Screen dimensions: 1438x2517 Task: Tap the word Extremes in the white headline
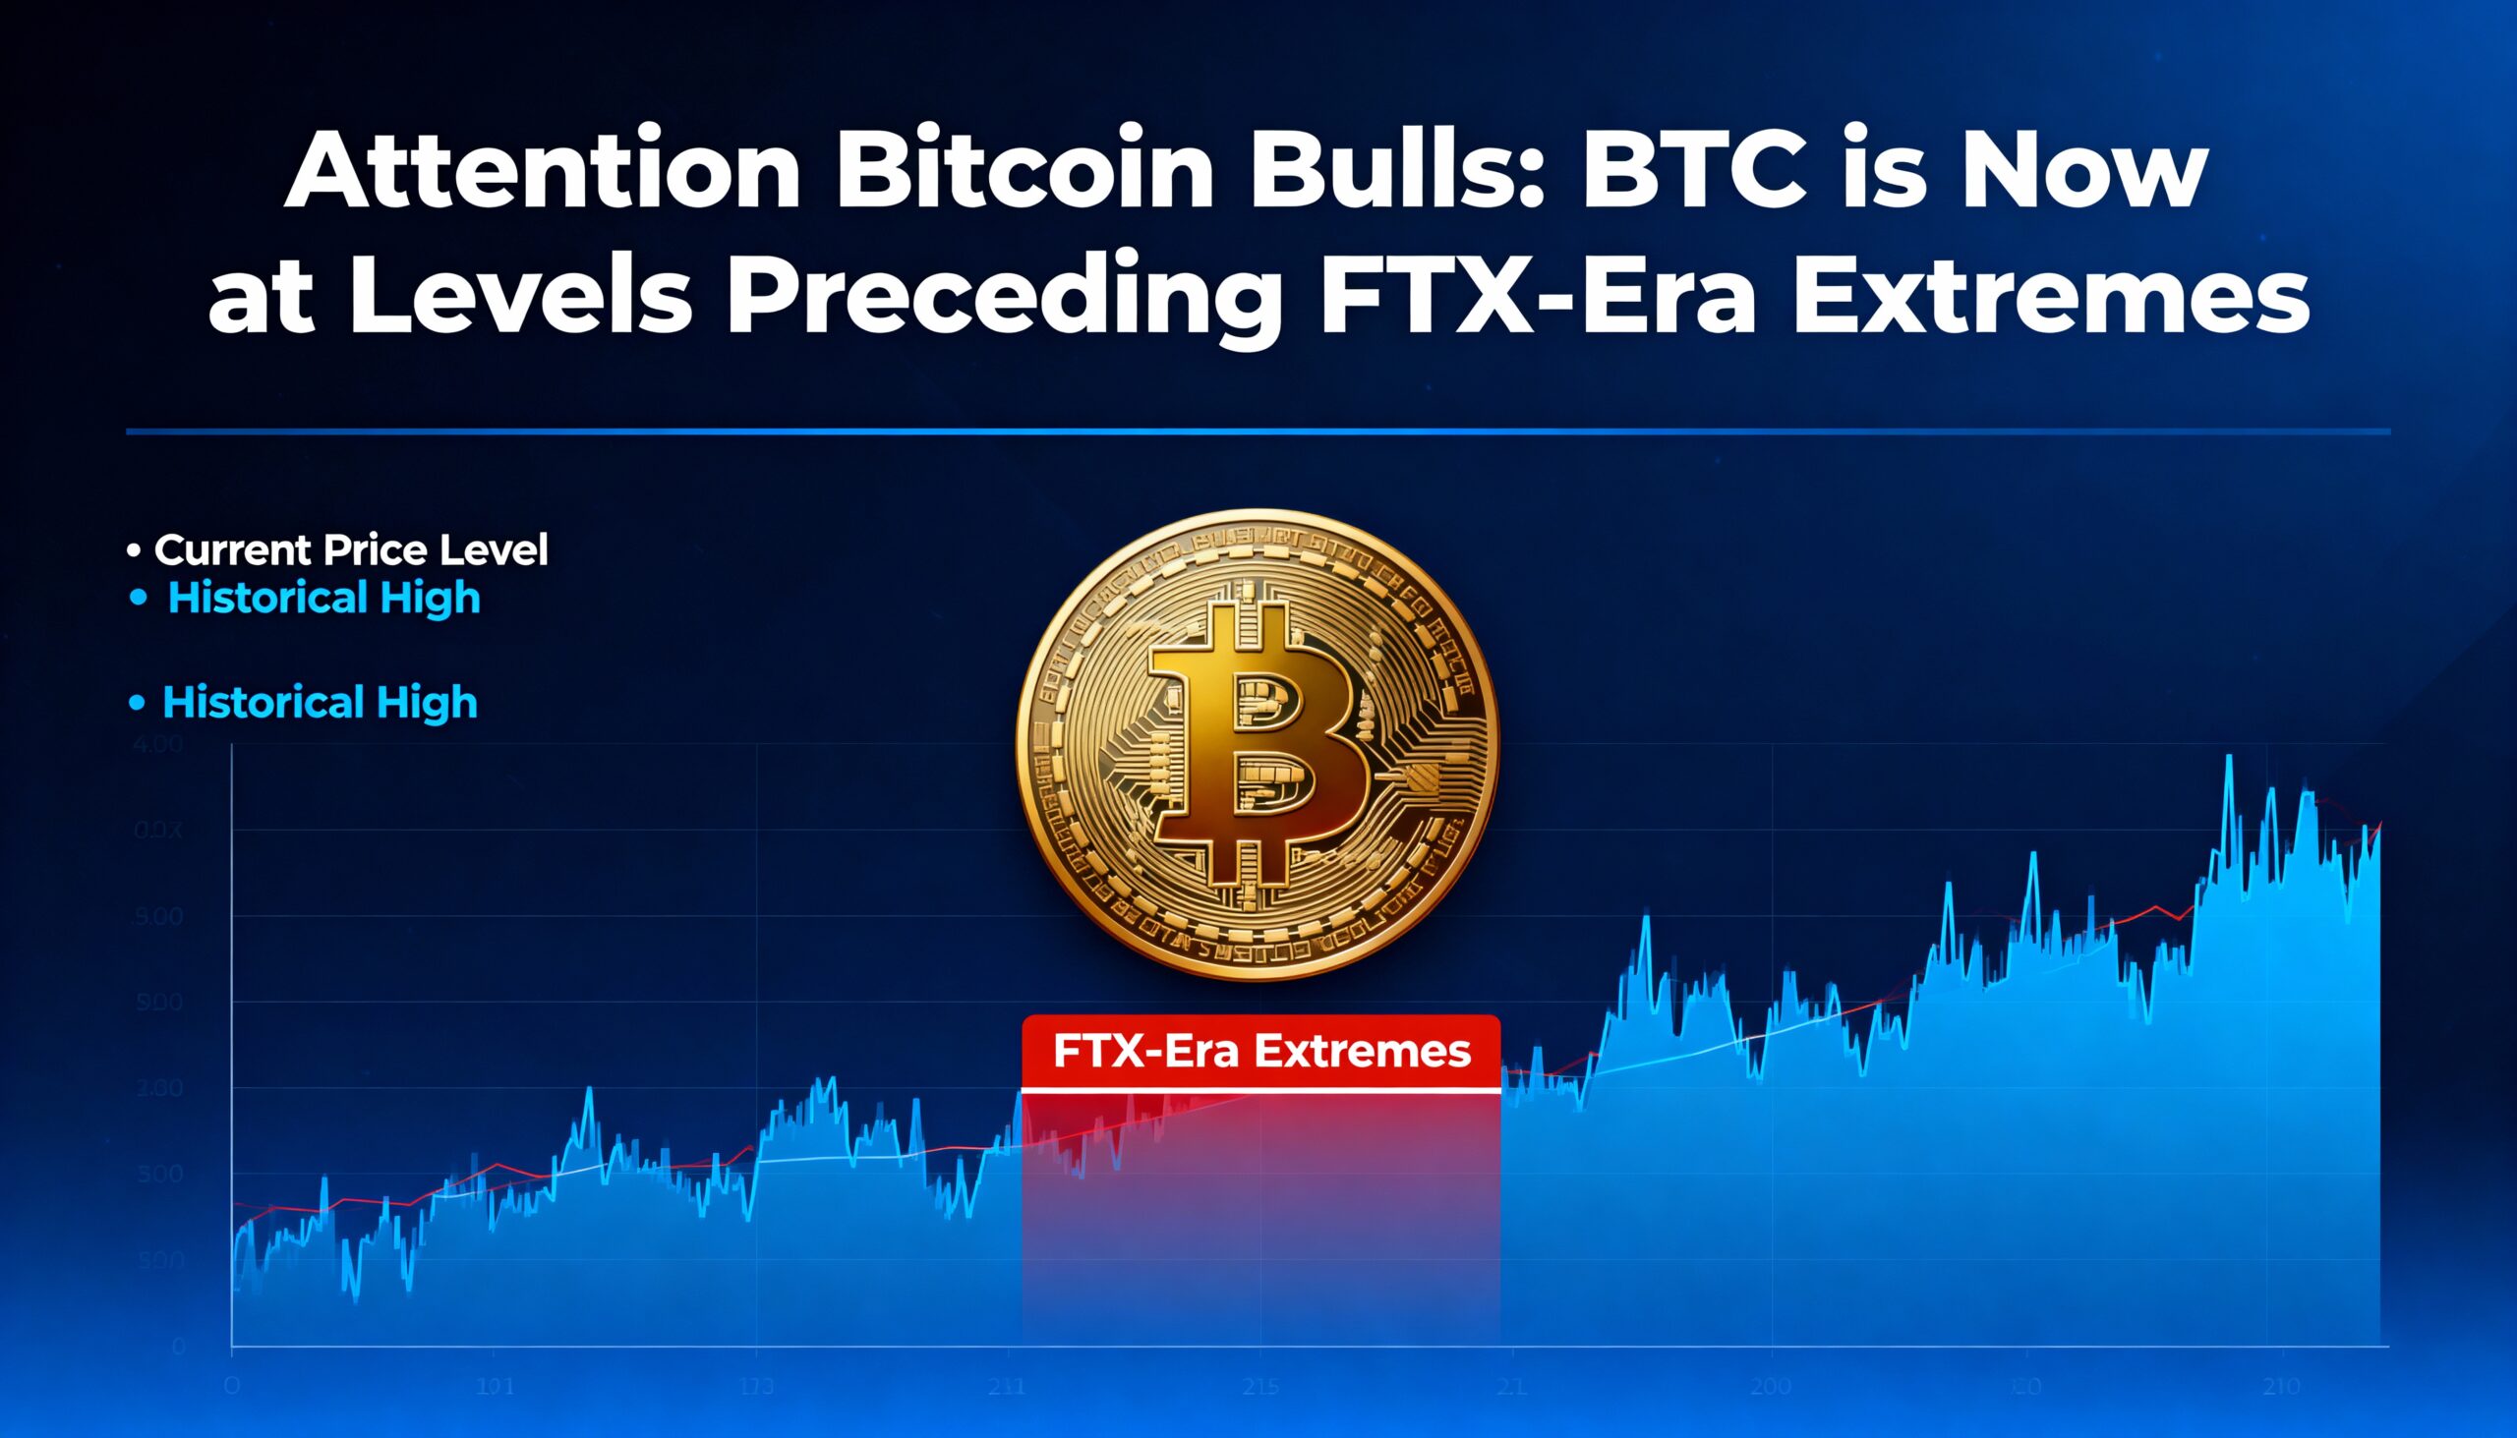coord(2051,296)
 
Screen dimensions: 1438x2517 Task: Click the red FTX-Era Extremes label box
coord(1261,1051)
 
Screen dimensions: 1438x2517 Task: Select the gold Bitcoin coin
coord(1257,746)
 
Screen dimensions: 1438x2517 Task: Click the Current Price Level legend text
coord(351,550)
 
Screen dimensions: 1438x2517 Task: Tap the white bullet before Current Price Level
coord(134,550)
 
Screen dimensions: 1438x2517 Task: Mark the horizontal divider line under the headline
coord(1258,431)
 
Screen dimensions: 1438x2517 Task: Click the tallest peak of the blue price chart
coord(2229,759)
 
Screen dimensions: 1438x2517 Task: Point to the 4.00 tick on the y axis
coord(158,744)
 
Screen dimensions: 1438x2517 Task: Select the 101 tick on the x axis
coord(495,1387)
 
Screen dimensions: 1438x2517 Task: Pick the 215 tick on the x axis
coord(1260,1387)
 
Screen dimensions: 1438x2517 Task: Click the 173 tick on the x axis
coord(756,1387)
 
